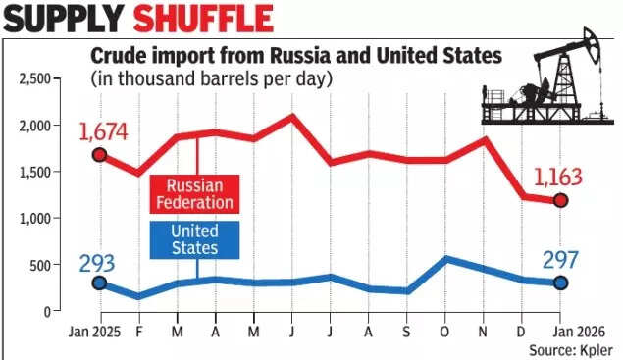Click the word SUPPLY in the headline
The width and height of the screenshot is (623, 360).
tap(65, 19)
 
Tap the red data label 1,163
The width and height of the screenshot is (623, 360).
tap(557, 178)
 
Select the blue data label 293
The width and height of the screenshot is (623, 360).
tap(98, 263)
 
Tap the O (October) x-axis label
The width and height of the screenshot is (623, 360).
tap(446, 331)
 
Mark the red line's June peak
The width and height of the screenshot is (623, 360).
tap(292, 116)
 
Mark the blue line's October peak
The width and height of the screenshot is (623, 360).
tap(446, 259)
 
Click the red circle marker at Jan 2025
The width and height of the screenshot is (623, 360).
tap(98, 155)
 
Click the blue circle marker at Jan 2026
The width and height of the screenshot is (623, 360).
tap(560, 283)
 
